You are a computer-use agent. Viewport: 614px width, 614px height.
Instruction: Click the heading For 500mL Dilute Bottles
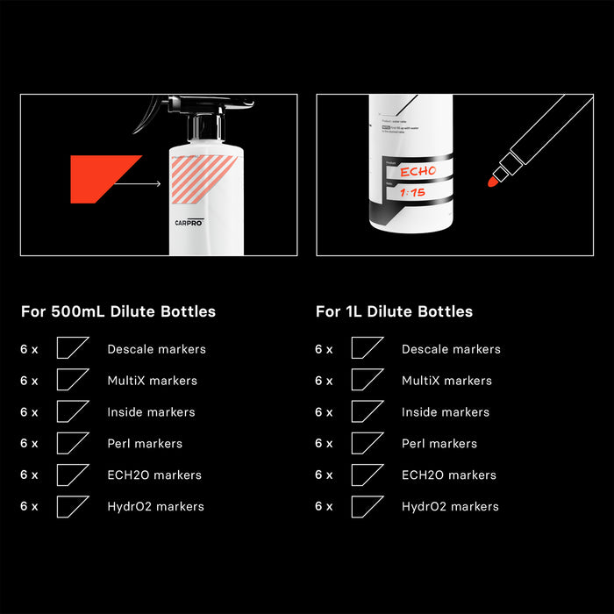click(x=118, y=311)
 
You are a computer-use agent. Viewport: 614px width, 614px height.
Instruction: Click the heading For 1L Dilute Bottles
click(x=394, y=311)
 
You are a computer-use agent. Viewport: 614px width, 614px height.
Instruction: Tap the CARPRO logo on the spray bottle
click(x=188, y=224)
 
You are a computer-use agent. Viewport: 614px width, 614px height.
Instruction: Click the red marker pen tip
click(x=492, y=182)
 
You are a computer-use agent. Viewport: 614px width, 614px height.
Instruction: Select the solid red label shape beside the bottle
click(x=101, y=178)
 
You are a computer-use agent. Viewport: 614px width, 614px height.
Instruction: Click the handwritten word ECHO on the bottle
click(x=418, y=171)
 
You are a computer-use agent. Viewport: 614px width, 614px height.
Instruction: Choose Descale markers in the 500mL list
click(x=156, y=349)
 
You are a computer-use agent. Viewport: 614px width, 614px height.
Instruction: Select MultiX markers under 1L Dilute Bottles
click(x=446, y=381)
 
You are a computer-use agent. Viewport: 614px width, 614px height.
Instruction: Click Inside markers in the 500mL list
click(x=151, y=412)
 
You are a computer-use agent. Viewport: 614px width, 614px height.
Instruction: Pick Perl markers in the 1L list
click(x=439, y=444)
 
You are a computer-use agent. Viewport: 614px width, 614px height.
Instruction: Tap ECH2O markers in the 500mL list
click(x=154, y=475)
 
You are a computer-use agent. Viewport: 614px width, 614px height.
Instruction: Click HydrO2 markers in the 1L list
click(x=450, y=507)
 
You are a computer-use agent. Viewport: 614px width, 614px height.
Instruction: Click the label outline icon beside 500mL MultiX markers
click(x=72, y=380)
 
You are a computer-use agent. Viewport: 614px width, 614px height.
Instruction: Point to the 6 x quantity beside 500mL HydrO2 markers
click(x=29, y=507)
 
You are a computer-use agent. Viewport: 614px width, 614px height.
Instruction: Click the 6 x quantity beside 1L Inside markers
click(x=324, y=412)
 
